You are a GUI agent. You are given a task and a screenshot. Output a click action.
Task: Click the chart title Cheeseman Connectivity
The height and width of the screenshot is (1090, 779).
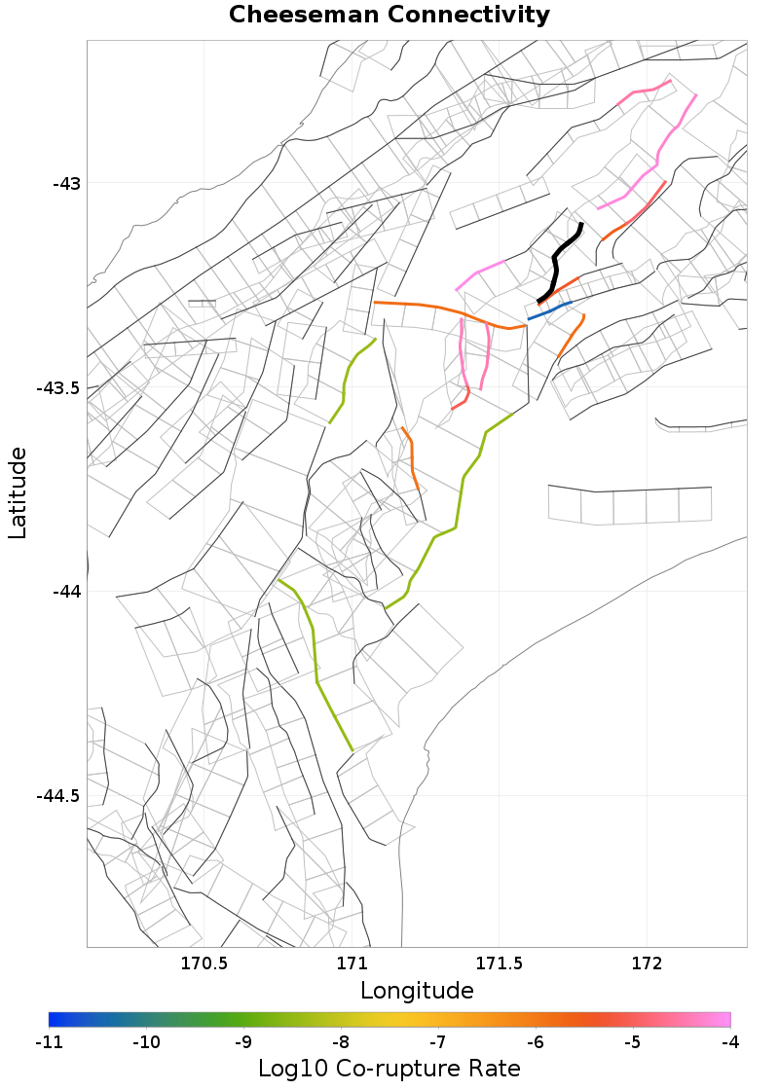[x=389, y=16]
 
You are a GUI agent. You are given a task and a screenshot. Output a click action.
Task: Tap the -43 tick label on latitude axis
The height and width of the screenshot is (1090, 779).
[x=66, y=183]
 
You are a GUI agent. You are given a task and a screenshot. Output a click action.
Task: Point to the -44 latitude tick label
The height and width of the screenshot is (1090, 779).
[x=66, y=592]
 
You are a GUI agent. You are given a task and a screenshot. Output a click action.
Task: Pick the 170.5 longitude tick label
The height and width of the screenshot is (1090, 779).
[x=204, y=964]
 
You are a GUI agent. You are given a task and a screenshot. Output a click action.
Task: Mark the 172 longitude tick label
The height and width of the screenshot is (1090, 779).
[x=648, y=964]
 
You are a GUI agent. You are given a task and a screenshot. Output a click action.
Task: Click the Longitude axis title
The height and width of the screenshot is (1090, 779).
[x=417, y=991]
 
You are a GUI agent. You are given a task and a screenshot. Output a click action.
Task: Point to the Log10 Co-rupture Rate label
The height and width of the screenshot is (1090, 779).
[x=389, y=1068]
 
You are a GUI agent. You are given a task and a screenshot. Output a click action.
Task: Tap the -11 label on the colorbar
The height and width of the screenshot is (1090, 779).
[x=49, y=1042]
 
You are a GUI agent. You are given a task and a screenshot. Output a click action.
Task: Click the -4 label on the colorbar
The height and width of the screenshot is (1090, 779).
[x=730, y=1042]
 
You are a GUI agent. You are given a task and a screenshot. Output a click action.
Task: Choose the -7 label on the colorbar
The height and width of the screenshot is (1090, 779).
[x=438, y=1042]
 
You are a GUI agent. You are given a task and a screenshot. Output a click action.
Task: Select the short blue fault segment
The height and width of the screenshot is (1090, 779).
[x=548, y=311]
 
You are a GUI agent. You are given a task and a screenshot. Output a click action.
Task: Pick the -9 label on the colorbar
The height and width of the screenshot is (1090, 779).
[x=243, y=1042]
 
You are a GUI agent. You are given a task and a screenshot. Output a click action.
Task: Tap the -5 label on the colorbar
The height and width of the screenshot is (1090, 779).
[x=633, y=1042]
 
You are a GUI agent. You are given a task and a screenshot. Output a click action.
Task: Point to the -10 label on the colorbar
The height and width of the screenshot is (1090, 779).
[x=146, y=1042]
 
